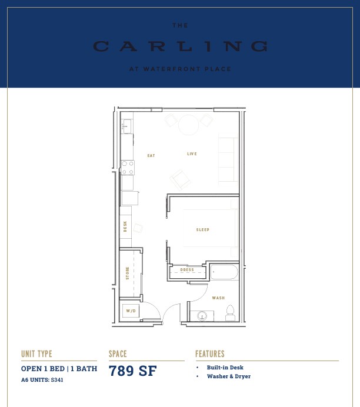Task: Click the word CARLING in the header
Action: click(x=180, y=46)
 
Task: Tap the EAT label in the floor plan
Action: click(x=151, y=155)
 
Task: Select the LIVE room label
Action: click(x=192, y=154)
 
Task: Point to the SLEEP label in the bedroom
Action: click(x=203, y=230)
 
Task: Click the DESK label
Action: click(x=125, y=226)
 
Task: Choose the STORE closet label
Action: click(x=128, y=273)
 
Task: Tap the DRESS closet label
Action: click(x=187, y=270)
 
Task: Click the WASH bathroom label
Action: click(x=218, y=298)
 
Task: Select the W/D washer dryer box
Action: click(x=131, y=311)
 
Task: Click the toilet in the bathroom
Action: click(x=230, y=313)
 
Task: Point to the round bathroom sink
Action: click(x=202, y=316)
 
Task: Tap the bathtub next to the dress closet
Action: click(x=224, y=272)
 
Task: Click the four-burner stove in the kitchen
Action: click(x=128, y=168)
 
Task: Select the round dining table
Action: click(x=189, y=125)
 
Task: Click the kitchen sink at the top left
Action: click(x=127, y=126)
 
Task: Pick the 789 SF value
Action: click(x=132, y=371)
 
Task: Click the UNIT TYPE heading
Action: click(x=36, y=354)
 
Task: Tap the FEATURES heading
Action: click(x=210, y=354)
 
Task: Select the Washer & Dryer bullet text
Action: click(x=229, y=376)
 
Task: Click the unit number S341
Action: click(x=57, y=380)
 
